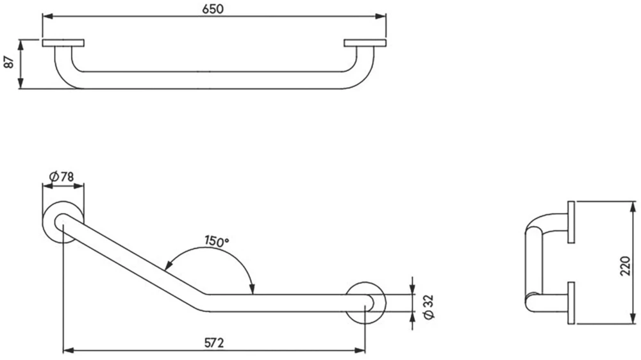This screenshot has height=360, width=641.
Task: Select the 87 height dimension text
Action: pos(8,63)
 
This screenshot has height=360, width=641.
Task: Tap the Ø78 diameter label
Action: pos(63,176)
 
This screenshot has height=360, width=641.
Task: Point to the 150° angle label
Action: pos(217,241)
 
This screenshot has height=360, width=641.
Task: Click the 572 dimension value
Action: pos(214,343)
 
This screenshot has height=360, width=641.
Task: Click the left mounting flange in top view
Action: pos(63,44)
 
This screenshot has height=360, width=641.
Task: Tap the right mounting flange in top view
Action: pos(365,44)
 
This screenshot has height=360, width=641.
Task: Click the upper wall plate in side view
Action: pos(570,222)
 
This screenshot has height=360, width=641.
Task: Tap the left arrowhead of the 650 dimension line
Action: pos(47,16)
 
